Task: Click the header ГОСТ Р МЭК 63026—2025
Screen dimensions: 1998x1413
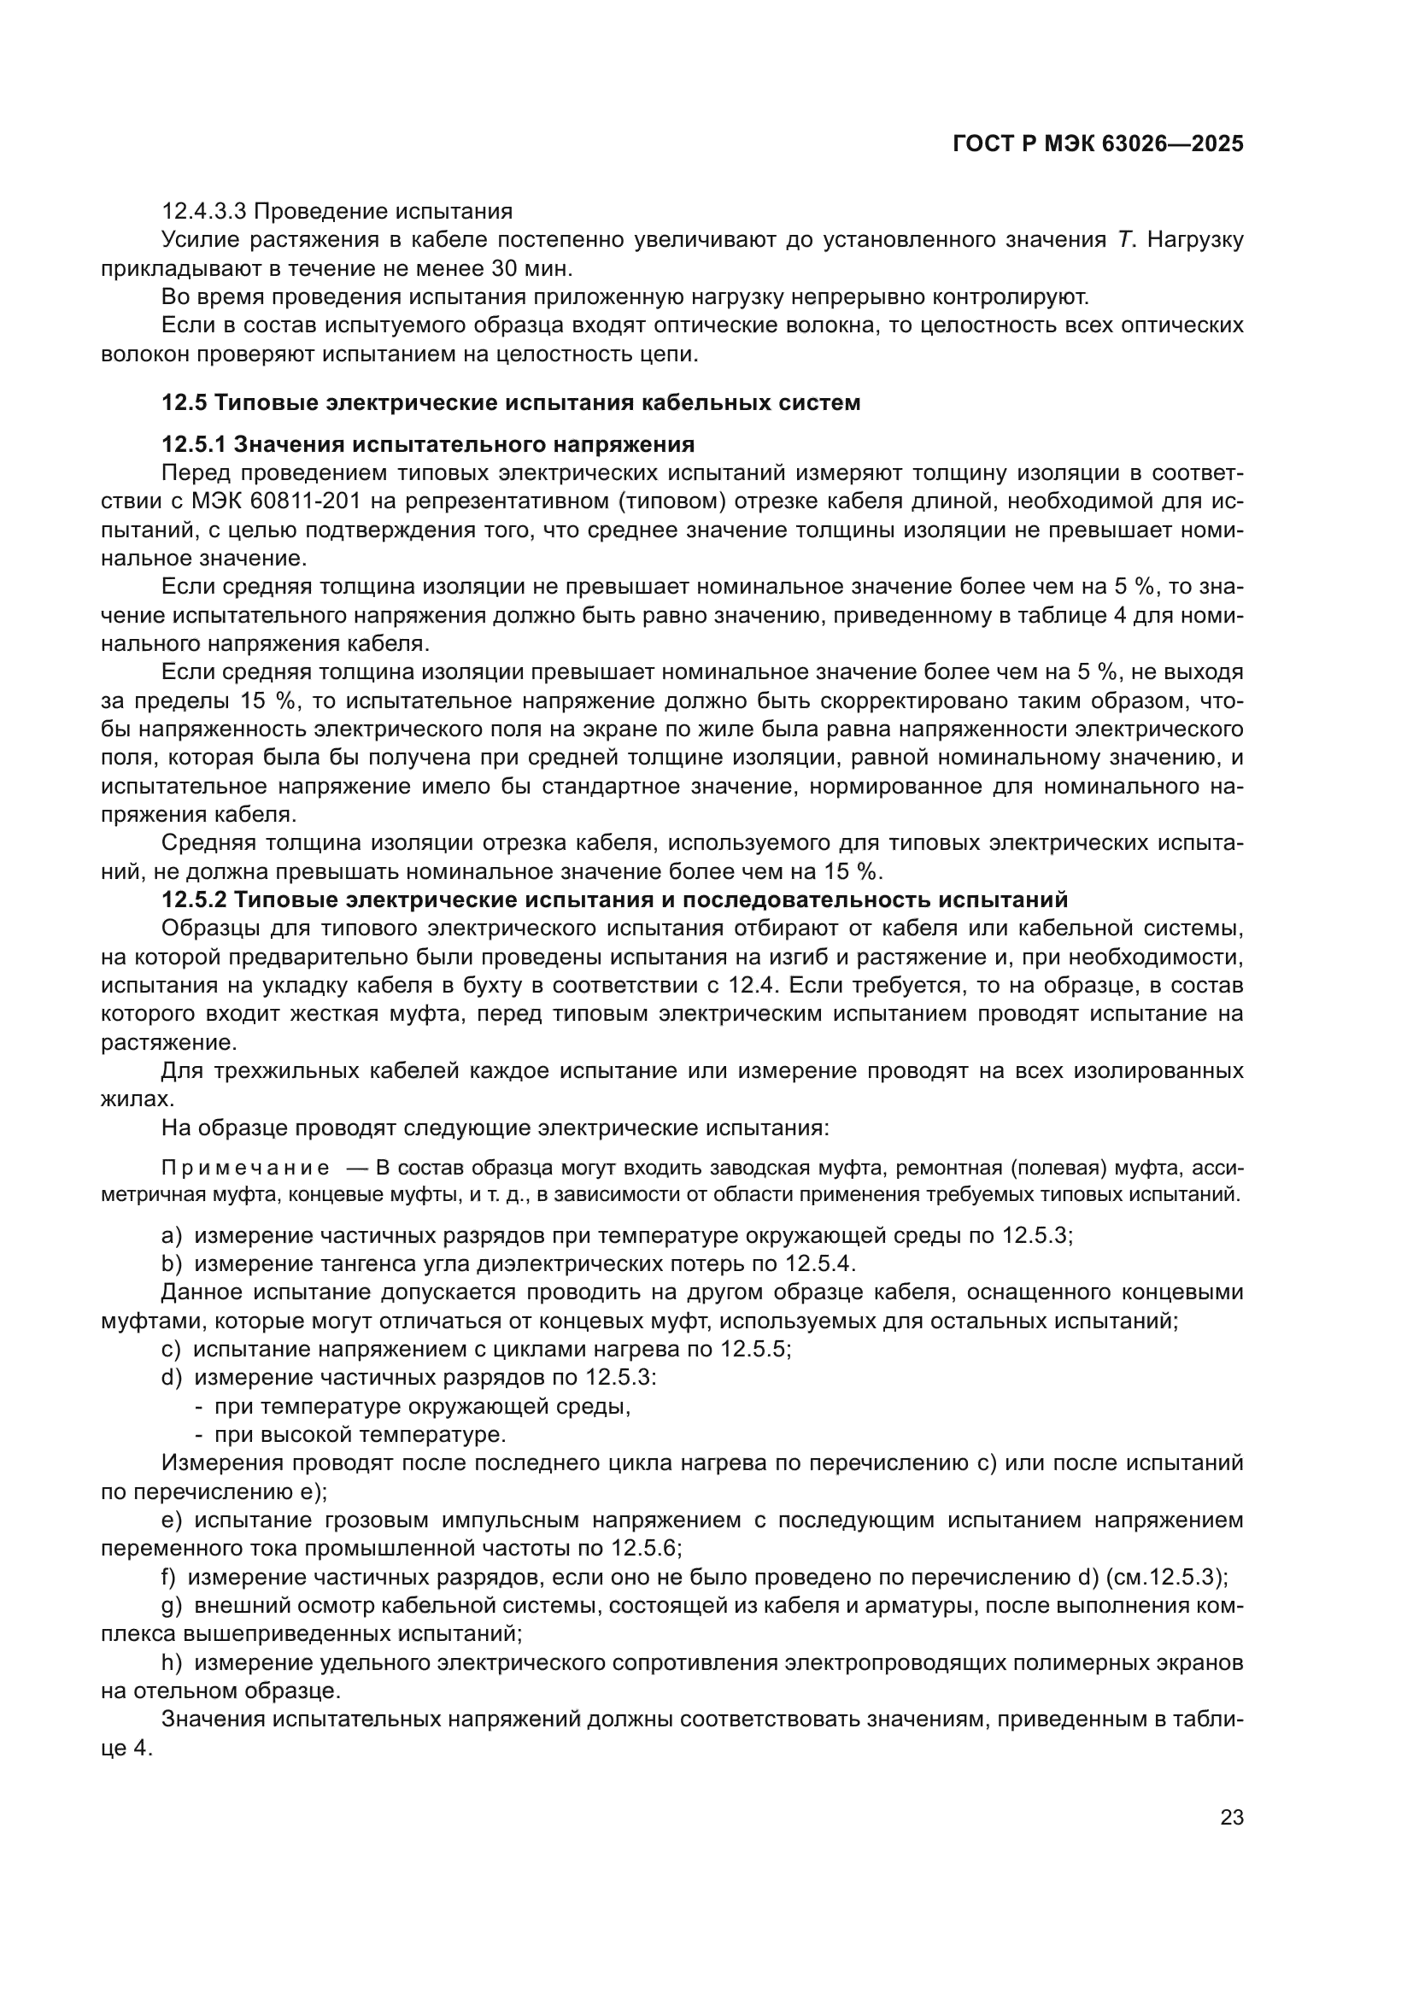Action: click(x=1098, y=144)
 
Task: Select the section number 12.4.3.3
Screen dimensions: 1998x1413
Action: click(x=205, y=212)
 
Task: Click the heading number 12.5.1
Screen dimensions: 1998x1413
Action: click(x=194, y=445)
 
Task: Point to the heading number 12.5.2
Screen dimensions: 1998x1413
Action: click(x=194, y=899)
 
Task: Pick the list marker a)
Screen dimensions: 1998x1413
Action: click(x=172, y=1236)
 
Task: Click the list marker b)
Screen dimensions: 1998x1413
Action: click(x=172, y=1263)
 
